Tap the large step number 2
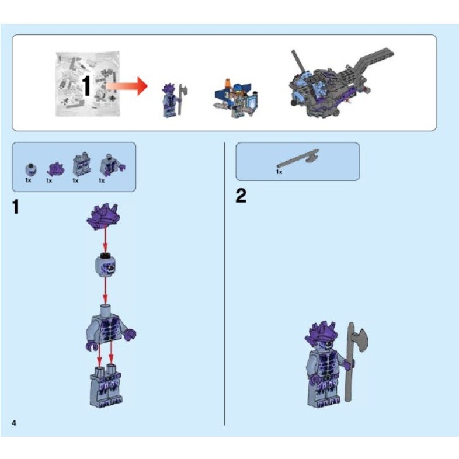click(241, 196)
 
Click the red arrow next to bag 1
click(127, 88)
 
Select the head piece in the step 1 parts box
click(29, 169)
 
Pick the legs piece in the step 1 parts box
click(78, 165)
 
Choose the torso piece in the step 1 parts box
click(108, 165)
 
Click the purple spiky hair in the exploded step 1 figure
click(104, 217)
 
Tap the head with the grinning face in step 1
click(105, 266)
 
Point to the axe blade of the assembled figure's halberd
click(360, 338)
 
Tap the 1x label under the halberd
click(279, 172)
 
